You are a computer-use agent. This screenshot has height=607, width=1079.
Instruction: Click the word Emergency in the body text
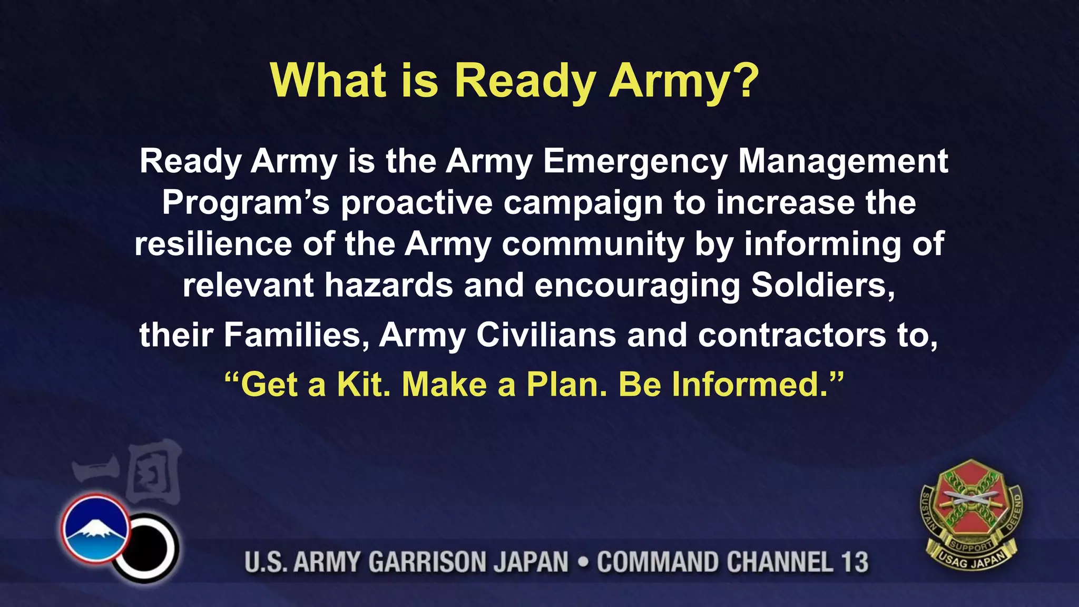point(634,161)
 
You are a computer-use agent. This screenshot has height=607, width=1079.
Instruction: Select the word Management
point(843,161)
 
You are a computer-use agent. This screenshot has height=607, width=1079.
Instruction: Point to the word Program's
point(246,202)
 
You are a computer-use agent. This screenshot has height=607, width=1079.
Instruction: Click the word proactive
point(417,202)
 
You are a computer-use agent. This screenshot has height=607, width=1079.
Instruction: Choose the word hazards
point(388,285)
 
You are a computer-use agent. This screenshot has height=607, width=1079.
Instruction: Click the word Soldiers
point(822,285)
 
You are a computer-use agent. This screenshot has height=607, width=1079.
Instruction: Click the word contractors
point(792,335)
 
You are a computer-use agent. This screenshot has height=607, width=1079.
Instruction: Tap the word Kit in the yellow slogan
point(364,384)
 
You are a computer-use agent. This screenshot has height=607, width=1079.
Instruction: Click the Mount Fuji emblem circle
point(95,528)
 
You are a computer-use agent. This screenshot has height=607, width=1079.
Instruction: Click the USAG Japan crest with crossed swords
point(971,514)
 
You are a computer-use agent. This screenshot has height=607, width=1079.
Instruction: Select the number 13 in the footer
point(854,562)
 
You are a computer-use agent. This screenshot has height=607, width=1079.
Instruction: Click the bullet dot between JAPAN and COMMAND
point(583,562)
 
